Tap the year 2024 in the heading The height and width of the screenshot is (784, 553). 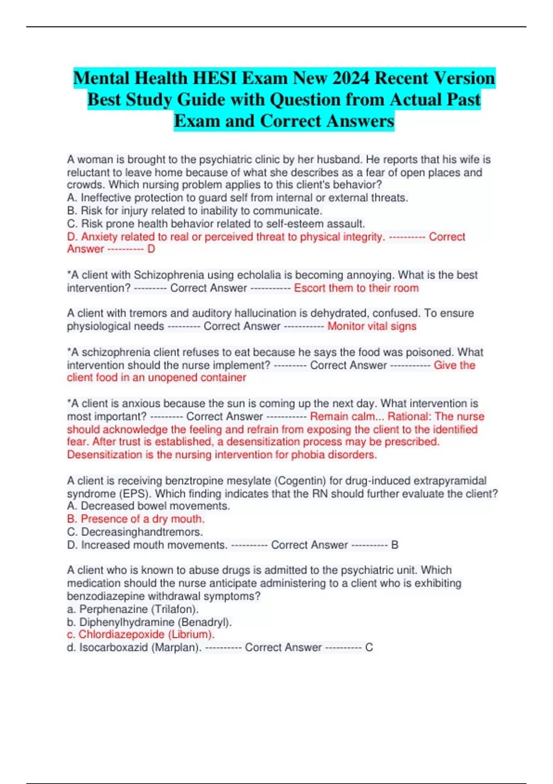click(350, 78)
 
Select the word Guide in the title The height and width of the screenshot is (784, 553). click(202, 100)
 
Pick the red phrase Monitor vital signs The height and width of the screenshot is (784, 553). click(372, 327)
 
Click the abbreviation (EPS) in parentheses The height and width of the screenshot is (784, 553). click(135, 493)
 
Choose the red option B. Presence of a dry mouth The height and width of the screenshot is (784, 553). click(135, 519)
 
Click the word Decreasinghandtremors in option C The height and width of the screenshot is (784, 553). click(141, 532)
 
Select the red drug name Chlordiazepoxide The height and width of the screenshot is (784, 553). click(121, 635)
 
